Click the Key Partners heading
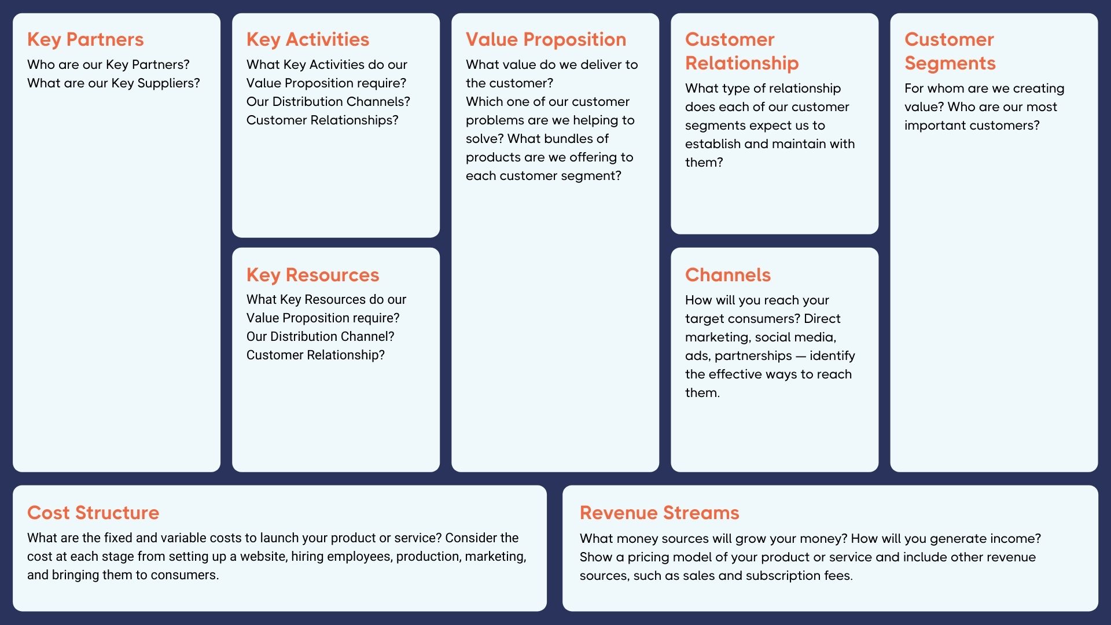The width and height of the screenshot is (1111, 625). pyautogui.click(x=85, y=39)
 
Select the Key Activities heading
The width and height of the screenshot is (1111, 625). pyautogui.click(x=307, y=39)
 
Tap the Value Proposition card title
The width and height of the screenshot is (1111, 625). pyautogui.click(x=546, y=39)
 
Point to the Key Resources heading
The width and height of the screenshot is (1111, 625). pyautogui.click(x=312, y=275)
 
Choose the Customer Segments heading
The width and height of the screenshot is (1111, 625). pyautogui.click(x=950, y=51)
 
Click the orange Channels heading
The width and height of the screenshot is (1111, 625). pyautogui.click(x=727, y=275)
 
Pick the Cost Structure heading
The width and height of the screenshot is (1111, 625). pyautogui.click(x=93, y=513)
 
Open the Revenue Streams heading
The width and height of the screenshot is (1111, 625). pyautogui.click(x=659, y=513)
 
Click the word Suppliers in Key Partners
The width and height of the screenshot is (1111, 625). pyautogui.click(x=168, y=83)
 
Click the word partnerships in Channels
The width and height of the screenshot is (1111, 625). pyautogui.click(x=753, y=356)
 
